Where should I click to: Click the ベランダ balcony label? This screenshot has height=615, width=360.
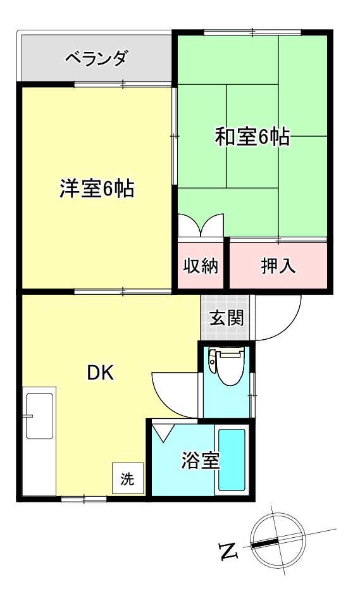pyautogui.click(x=97, y=59)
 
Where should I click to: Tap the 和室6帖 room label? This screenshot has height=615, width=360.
pyautogui.click(x=252, y=137)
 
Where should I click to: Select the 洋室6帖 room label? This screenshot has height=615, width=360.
pyautogui.click(x=97, y=189)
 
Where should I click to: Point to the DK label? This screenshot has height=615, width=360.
pyautogui.click(x=100, y=373)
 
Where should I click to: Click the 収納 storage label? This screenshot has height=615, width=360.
pyautogui.click(x=201, y=266)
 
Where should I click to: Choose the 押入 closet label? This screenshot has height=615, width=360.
pyautogui.click(x=278, y=266)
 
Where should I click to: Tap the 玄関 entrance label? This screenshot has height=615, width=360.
pyautogui.click(x=226, y=318)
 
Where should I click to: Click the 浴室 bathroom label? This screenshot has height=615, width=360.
pyautogui.click(x=201, y=461)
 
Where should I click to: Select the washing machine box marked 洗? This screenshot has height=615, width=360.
pyautogui.click(x=128, y=479)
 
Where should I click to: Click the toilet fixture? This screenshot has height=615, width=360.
pyautogui.click(x=228, y=366)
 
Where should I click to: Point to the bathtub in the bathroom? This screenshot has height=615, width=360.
pyautogui.click(x=232, y=459)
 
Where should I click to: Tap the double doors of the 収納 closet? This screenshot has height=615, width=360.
pyautogui.click(x=201, y=226)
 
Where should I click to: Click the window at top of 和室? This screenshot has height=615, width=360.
pyautogui.click(x=251, y=32)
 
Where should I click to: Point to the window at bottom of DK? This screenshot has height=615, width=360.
pyautogui.click(x=84, y=499)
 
